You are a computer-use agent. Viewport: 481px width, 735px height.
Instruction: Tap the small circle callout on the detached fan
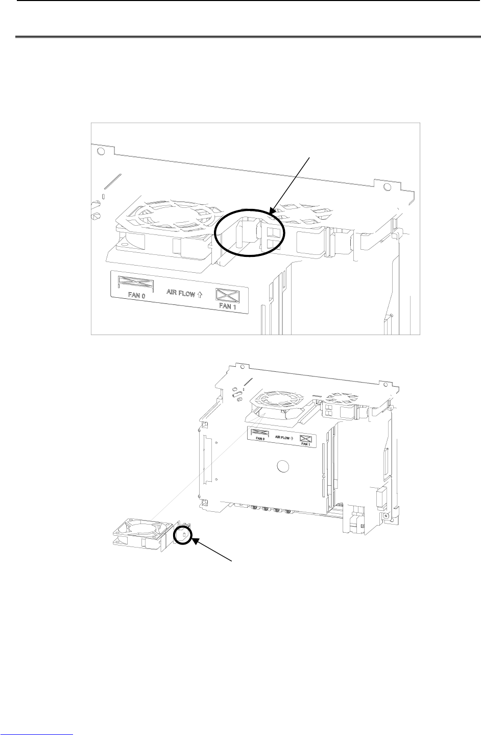point(183,535)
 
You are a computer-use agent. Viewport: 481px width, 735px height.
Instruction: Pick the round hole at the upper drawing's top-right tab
point(388,187)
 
